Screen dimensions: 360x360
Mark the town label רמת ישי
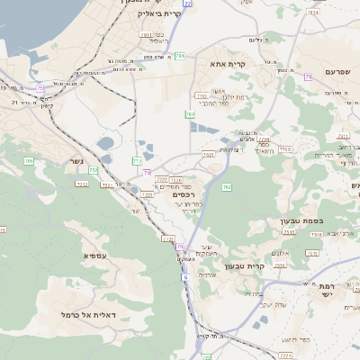tap(327, 292)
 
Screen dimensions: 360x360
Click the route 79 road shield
tap(308, 77)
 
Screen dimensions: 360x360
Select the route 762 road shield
tap(227, 186)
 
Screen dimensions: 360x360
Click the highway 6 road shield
tap(185, 277)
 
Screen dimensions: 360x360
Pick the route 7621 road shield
tap(208, 155)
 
